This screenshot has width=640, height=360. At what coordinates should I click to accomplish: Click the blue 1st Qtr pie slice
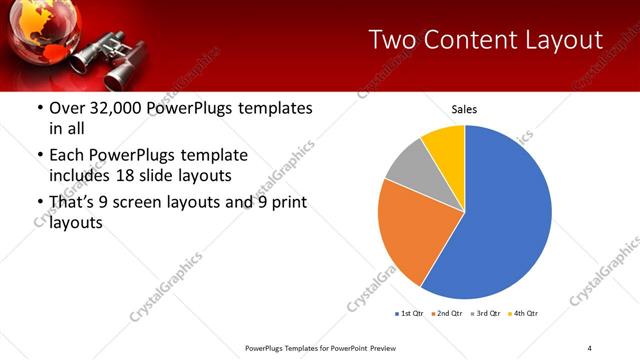tap(500, 220)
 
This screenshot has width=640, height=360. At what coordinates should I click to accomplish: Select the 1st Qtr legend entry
tap(410, 314)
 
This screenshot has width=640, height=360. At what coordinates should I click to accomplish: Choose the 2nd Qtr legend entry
tap(447, 314)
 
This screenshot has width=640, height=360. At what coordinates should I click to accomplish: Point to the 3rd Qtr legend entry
tap(486, 314)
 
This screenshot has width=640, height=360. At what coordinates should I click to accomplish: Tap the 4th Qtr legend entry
tap(524, 314)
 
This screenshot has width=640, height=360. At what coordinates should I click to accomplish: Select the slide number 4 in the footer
tap(590, 348)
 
